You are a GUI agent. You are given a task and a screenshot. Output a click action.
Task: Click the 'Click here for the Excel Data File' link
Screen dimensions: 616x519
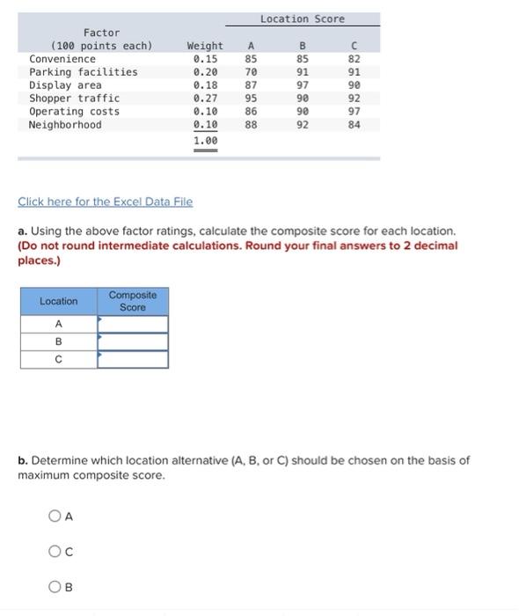click(105, 202)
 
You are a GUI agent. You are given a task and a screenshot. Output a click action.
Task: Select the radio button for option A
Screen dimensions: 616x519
click(55, 517)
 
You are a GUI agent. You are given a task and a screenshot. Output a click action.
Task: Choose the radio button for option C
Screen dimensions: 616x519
click(55, 552)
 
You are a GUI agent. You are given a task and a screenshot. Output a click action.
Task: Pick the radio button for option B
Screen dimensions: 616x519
click(55, 587)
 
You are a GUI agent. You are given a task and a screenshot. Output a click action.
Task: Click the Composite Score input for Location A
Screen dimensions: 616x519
click(132, 324)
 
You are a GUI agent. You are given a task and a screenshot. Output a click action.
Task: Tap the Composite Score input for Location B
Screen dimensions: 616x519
click(132, 341)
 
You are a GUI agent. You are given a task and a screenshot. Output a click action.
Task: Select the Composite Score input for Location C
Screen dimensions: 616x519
click(132, 359)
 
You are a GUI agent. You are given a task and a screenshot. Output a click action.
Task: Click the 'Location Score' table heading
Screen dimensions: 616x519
click(302, 18)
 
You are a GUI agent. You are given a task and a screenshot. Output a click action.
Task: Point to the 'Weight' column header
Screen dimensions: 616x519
click(205, 46)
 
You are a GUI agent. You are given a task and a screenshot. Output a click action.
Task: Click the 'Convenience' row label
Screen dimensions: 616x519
click(62, 59)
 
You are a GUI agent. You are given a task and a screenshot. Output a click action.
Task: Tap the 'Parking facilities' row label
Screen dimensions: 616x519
click(84, 72)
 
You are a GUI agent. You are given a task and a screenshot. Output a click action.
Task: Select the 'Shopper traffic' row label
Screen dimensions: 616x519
click(74, 99)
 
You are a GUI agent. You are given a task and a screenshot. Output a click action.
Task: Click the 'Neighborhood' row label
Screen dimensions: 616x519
click(65, 125)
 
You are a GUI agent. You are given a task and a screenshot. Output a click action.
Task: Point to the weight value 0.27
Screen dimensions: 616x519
click(205, 99)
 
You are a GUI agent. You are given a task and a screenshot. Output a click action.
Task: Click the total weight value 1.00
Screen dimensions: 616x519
click(205, 141)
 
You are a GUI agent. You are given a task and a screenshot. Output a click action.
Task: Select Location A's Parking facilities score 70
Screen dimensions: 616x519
click(251, 72)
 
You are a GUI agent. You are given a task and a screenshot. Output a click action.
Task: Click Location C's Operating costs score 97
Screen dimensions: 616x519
click(354, 112)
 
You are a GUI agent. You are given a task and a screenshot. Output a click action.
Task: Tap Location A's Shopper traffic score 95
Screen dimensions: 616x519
click(251, 99)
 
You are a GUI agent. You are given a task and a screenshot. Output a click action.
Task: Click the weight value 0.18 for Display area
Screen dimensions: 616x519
click(205, 85)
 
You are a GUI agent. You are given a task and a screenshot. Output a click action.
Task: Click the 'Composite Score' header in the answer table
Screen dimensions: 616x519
click(132, 301)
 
